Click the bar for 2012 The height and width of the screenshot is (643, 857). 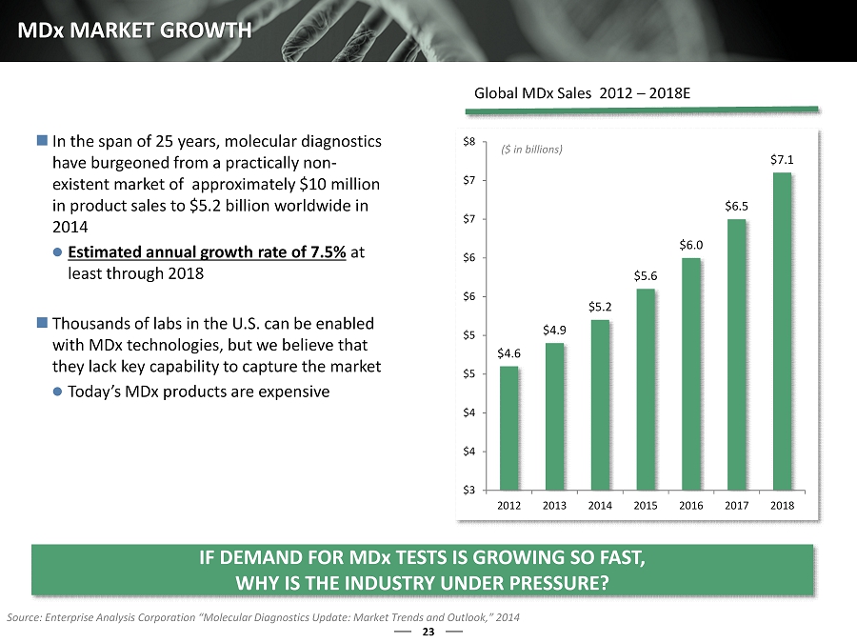tap(508, 428)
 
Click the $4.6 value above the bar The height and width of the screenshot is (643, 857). tap(508, 353)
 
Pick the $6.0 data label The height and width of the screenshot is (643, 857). tap(691, 245)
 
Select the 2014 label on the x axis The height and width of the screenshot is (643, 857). tap(600, 505)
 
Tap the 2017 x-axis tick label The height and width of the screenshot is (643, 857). tap(736, 505)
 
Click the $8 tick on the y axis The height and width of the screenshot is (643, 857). tap(470, 142)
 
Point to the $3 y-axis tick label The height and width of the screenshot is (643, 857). tap(470, 490)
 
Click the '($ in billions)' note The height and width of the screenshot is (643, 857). tap(531, 150)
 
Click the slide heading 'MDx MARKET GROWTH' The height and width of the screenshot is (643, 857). tap(133, 30)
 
